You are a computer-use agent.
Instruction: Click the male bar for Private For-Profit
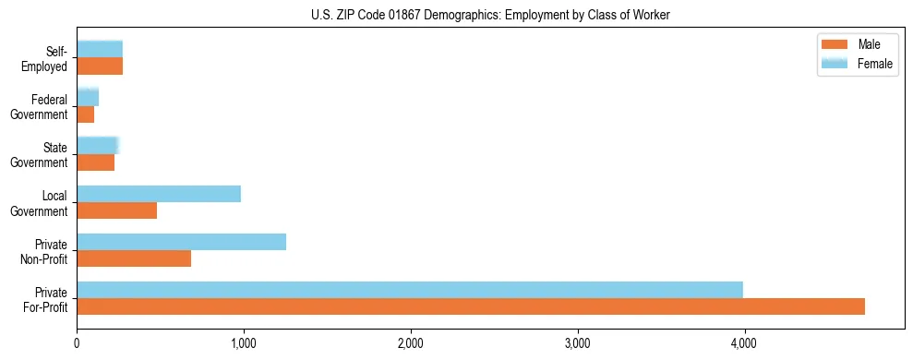(x=471, y=306)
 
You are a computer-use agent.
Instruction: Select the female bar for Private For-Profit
(x=410, y=290)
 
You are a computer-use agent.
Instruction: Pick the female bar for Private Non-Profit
(x=181, y=242)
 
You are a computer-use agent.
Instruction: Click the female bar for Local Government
(x=159, y=194)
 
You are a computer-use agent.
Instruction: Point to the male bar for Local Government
(x=116, y=210)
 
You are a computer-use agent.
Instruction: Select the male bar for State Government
(x=95, y=162)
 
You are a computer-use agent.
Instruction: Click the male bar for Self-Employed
(x=100, y=66)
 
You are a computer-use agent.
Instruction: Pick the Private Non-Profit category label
(x=45, y=251)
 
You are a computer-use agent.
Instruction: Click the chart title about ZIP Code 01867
(x=491, y=15)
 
